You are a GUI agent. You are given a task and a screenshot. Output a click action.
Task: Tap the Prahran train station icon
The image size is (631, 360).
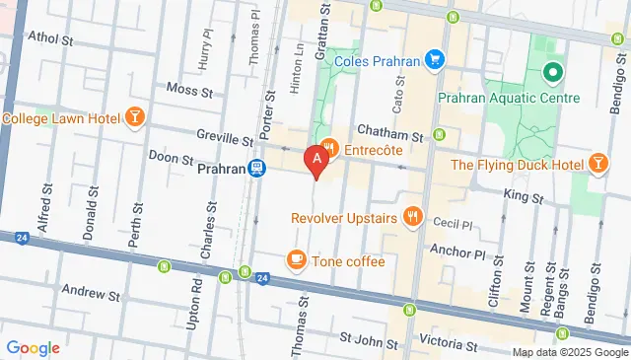pyautogui.click(x=257, y=168)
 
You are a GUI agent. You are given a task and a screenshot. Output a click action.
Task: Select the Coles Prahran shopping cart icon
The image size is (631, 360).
pyautogui.click(x=433, y=60)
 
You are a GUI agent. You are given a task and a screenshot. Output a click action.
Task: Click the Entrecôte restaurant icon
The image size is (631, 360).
pyautogui.click(x=330, y=147)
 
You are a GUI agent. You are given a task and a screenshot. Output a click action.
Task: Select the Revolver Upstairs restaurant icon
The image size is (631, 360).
pyautogui.click(x=412, y=217)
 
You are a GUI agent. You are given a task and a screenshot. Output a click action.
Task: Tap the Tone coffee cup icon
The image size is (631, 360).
pyautogui.click(x=295, y=260)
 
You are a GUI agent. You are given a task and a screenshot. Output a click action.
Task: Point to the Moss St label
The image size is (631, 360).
pyautogui.click(x=190, y=90)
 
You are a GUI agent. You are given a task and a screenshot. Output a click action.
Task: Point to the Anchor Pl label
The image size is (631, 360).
pyautogui.click(x=466, y=253)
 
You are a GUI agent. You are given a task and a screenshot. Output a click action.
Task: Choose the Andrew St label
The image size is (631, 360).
pyautogui.click(x=90, y=293)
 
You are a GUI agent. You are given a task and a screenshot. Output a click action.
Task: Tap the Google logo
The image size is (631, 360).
pyautogui.click(x=33, y=347)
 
